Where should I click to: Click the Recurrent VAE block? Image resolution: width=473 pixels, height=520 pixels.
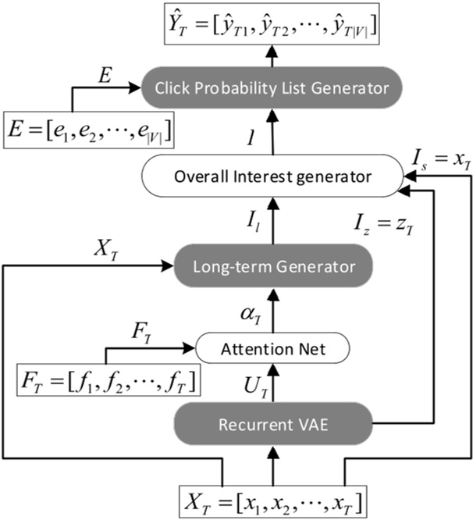coord(273,426)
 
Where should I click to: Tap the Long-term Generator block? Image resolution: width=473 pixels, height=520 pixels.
coord(273,266)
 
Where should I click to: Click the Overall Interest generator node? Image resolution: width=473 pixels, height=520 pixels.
coord(273,177)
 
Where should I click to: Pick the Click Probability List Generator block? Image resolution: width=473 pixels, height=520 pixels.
coord(273,88)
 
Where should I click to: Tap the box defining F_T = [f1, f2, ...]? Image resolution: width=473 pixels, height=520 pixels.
coord(106,383)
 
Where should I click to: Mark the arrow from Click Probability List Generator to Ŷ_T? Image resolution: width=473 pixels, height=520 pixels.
coord(273,53)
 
